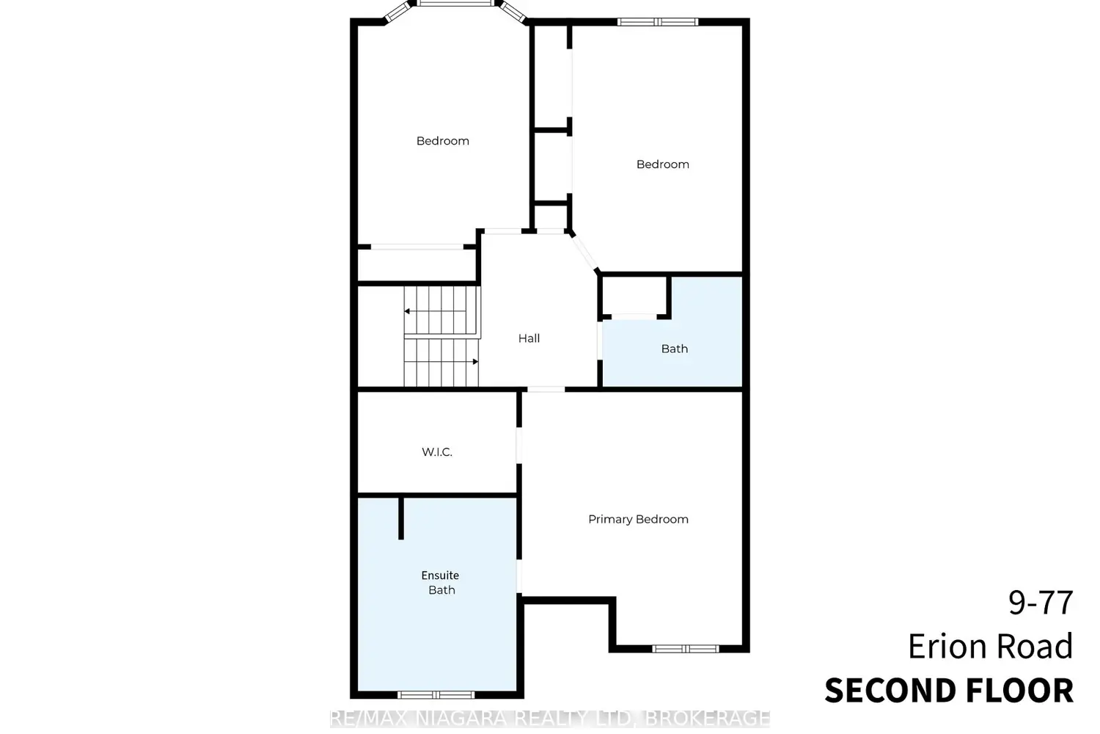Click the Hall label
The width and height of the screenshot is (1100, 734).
tap(529, 338)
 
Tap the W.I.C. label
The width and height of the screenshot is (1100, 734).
tap(436, 452)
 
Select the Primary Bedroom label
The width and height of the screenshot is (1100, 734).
tap(638, 519)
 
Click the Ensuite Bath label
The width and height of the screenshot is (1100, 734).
tap(441, 583)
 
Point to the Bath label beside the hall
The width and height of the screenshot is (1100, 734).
tap(674, 349)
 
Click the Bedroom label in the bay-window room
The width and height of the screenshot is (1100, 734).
tap(442, 141)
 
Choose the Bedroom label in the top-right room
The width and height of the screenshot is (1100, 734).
tap(662, 164)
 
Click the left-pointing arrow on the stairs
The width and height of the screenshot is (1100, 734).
tap(435, 311)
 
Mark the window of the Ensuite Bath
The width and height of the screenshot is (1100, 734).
tap(436, 694)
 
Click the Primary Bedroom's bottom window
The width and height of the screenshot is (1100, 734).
tap(686, 649)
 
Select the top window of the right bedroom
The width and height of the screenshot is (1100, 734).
tap(658, 21)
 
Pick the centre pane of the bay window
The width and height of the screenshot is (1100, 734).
tap(455, 3)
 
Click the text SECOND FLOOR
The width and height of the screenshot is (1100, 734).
tap(949, 691)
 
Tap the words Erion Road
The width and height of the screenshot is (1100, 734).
tap(990, 646)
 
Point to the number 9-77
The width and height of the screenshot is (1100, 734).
tap(1041, 602)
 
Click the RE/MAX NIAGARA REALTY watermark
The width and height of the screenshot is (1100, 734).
tap(550, 719)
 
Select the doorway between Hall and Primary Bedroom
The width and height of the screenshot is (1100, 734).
tap(546, 389)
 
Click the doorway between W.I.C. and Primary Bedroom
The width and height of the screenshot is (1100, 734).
tap(519, 446)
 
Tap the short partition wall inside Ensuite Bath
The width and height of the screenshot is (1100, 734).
tap(400, 518)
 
